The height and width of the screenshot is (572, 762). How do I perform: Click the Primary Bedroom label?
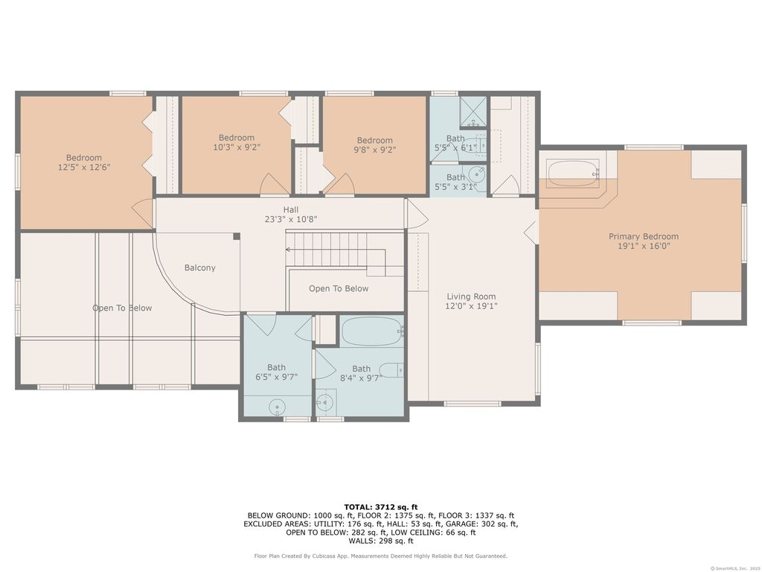pos(644,236)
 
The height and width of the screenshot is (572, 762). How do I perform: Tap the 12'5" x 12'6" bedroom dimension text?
pos(84,167)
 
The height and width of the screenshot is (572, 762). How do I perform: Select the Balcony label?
pos(199,267)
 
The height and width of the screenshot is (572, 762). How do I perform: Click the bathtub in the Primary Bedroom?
pos(573,173)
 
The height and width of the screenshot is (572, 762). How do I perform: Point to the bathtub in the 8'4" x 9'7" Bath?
pos(372,331)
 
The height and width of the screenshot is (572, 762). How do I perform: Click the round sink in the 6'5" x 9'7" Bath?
pos(277,406)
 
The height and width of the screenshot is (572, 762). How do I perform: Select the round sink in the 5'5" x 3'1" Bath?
pos(477,174)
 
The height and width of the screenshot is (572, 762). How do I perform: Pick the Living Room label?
pos(471,296)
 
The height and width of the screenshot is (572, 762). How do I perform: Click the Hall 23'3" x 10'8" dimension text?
pos(291,219)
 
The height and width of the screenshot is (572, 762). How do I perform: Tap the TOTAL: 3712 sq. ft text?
pos(381,506)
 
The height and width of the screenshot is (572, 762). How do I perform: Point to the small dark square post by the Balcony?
pos(237,236)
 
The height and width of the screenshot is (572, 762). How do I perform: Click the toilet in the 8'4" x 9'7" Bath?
pos(391,370)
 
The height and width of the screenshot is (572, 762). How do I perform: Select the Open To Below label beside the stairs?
pos(339,288)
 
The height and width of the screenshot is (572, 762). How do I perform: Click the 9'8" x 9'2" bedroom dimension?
pos(375,150)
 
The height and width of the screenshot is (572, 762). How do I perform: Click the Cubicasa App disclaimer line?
pos(381,556)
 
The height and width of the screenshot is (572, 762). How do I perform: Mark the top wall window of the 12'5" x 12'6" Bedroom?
pos(128,93)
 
